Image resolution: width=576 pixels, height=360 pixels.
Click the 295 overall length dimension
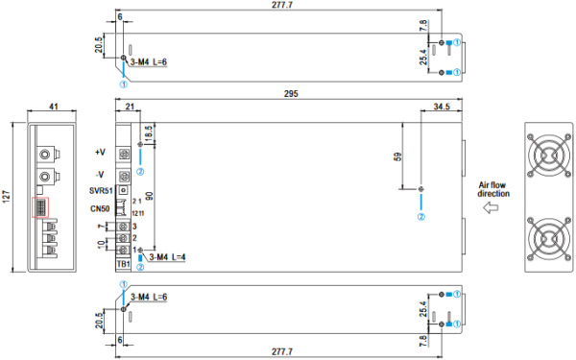(x=291, y=94)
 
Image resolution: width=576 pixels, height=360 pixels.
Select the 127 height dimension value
(x=7, y=197)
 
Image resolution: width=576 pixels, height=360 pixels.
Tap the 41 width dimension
(x=54, y=107)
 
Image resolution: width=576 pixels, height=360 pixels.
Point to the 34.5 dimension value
(x=442, y=107)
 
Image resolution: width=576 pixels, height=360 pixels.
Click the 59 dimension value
(x=397, y=156)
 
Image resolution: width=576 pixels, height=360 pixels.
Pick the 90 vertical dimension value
(x=149, y=197)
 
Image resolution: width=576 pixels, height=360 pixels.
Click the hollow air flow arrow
(x=491, y=208)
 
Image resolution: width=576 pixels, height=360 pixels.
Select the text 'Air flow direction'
(x=493, y=189)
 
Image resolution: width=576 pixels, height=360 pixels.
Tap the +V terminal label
(x=100, y=152)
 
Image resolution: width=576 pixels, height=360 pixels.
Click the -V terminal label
(x=99, y=175)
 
